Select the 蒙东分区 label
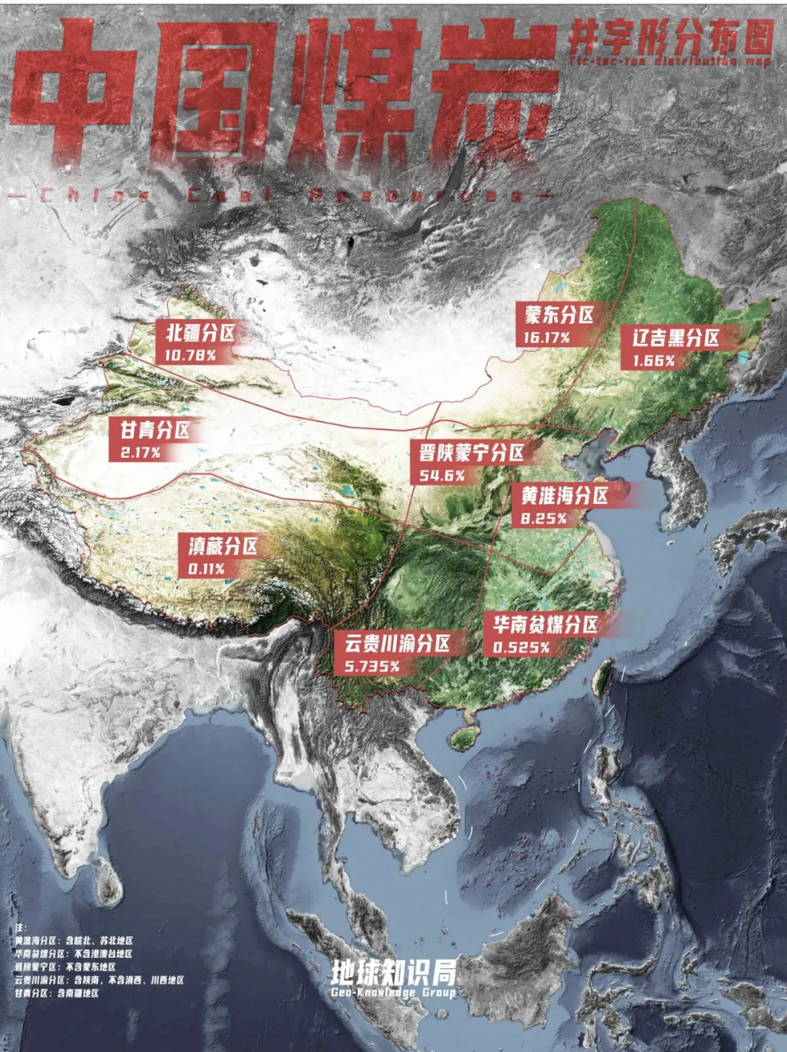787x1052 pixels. point(559,315)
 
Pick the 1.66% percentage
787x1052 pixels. point(654,361)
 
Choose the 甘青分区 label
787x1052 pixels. point(155,432)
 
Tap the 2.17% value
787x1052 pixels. point(140,453)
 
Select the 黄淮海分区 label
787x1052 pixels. point(564,496)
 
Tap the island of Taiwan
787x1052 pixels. point(603,677)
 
